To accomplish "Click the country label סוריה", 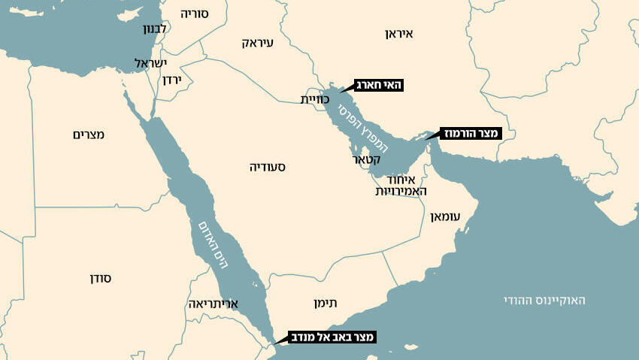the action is coord(194,14).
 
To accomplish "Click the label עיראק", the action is coord(258,43).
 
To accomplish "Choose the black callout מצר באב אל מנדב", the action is coord(332,337).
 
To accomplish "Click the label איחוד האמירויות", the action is coord(402,186).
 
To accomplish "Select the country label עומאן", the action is coord(444,216).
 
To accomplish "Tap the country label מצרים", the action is coord(89,135).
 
